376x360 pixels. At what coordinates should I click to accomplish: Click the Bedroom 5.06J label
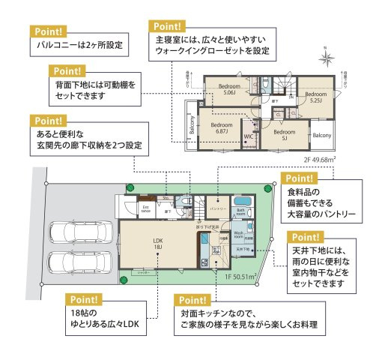tap(228, 90)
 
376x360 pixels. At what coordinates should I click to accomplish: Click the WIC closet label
tap(248, 137)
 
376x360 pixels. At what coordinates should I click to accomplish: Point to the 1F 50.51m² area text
tap(240, 277)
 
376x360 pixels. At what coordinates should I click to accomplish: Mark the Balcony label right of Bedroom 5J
tap(322, 135)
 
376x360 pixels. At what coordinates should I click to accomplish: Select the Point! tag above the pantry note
tap(300, 178)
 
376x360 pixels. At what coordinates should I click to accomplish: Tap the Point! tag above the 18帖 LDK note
tap(85, 298)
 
